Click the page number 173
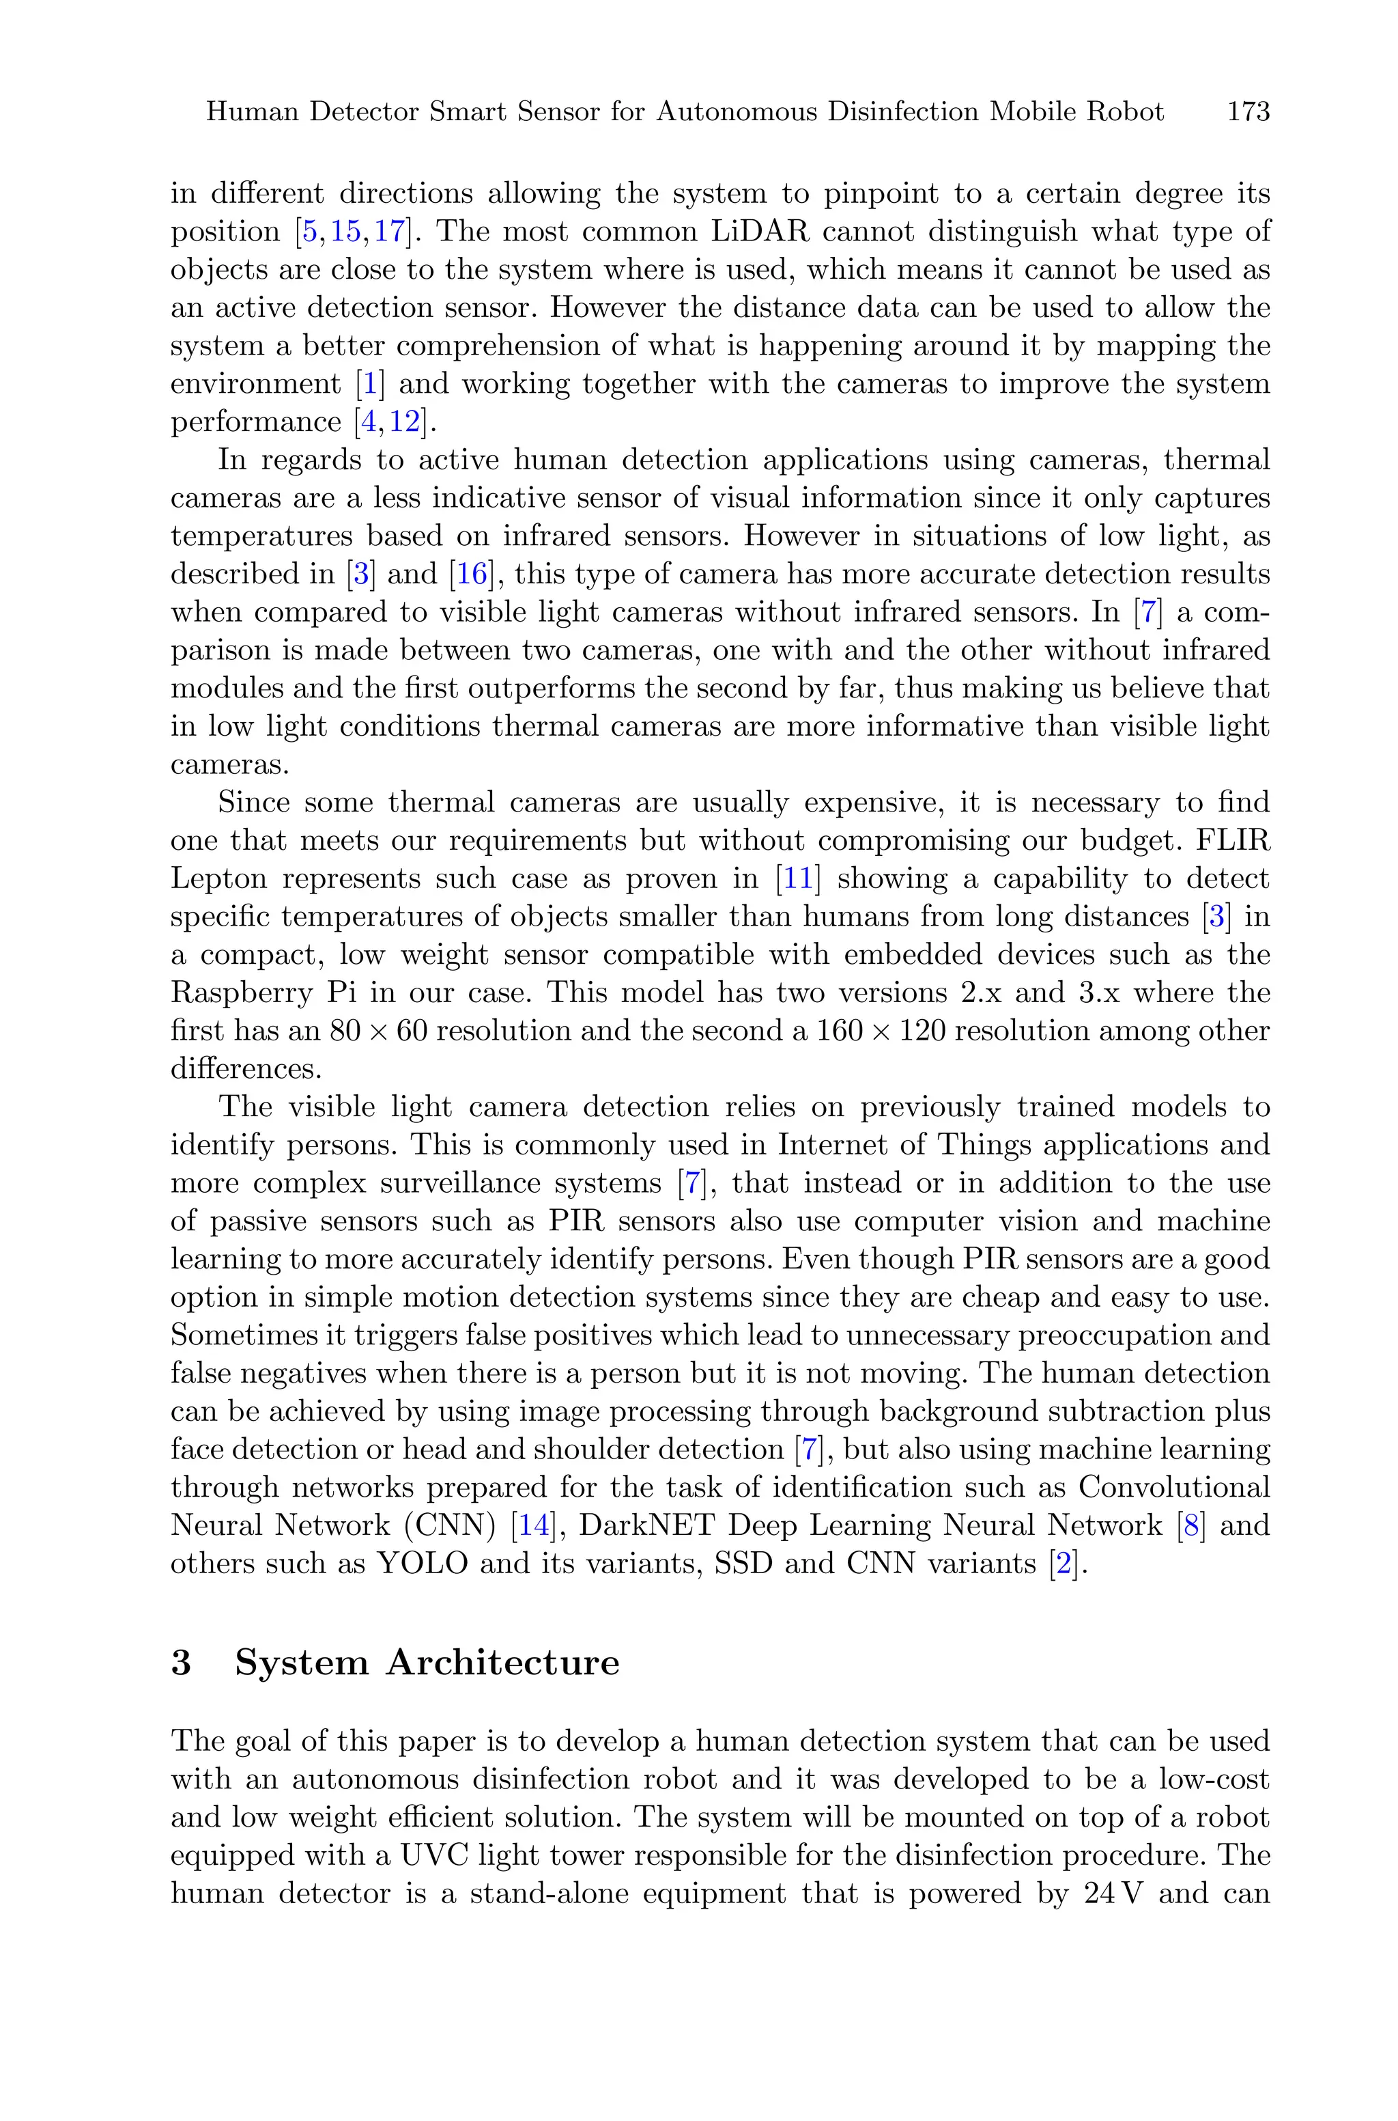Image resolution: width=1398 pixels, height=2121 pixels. [x=1249, y=113]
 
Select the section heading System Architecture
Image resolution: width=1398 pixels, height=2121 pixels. [x=427, y=1663]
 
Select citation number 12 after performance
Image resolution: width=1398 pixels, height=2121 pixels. [x=405, y=422]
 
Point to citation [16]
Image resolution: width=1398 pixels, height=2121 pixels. [x=472, y=574]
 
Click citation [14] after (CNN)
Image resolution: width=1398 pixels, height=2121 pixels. [x=533, y=1525]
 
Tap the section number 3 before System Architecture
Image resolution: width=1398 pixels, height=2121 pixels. [x=181, y=1663]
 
